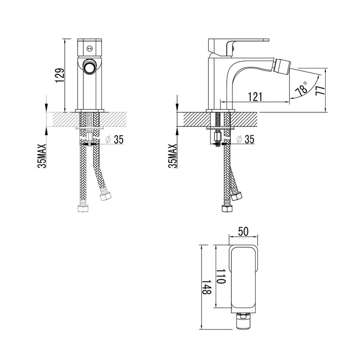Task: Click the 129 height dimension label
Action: coord(60,75)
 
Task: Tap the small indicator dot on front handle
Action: coord(89,48)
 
